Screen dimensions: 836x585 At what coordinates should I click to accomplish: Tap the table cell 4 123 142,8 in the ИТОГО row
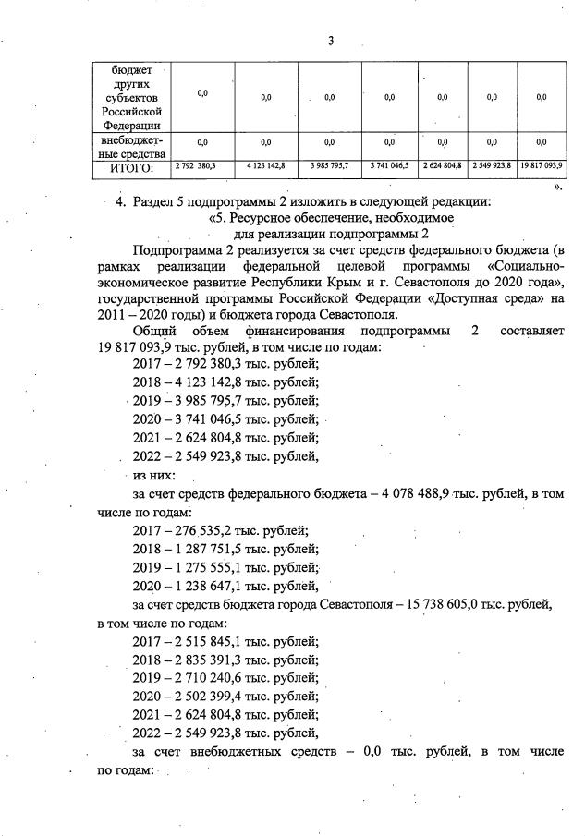(266, 166)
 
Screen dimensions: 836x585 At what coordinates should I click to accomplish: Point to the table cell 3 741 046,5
(389, 166)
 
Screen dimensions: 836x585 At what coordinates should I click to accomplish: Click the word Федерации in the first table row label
(135, 126)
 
